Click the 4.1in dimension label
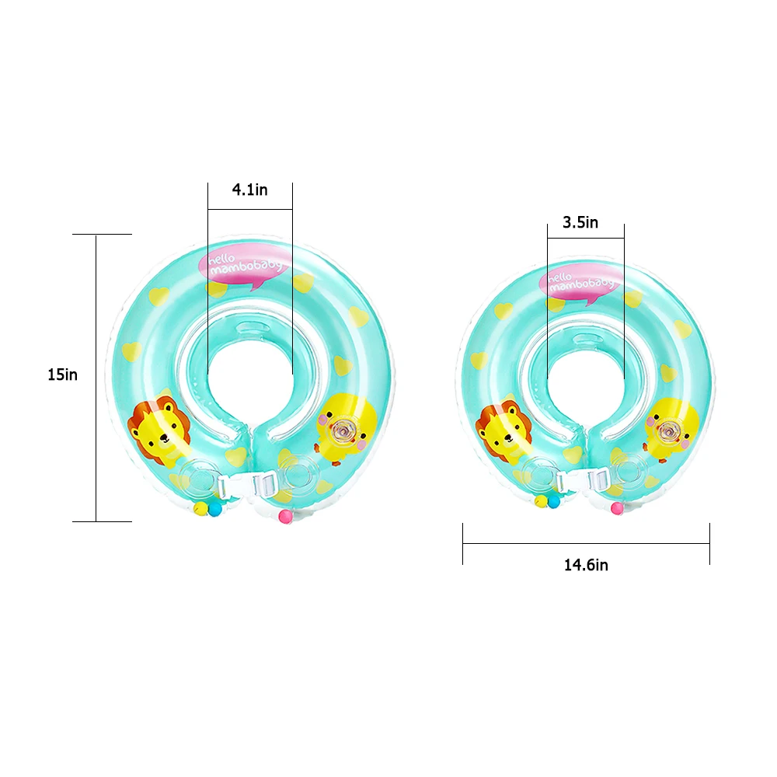(249, 190)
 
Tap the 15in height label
(62, 375)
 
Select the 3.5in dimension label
(580, 222)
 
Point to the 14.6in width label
(586, 565)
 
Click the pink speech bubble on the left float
(244, 266)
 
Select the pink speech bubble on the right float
(579, 284)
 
